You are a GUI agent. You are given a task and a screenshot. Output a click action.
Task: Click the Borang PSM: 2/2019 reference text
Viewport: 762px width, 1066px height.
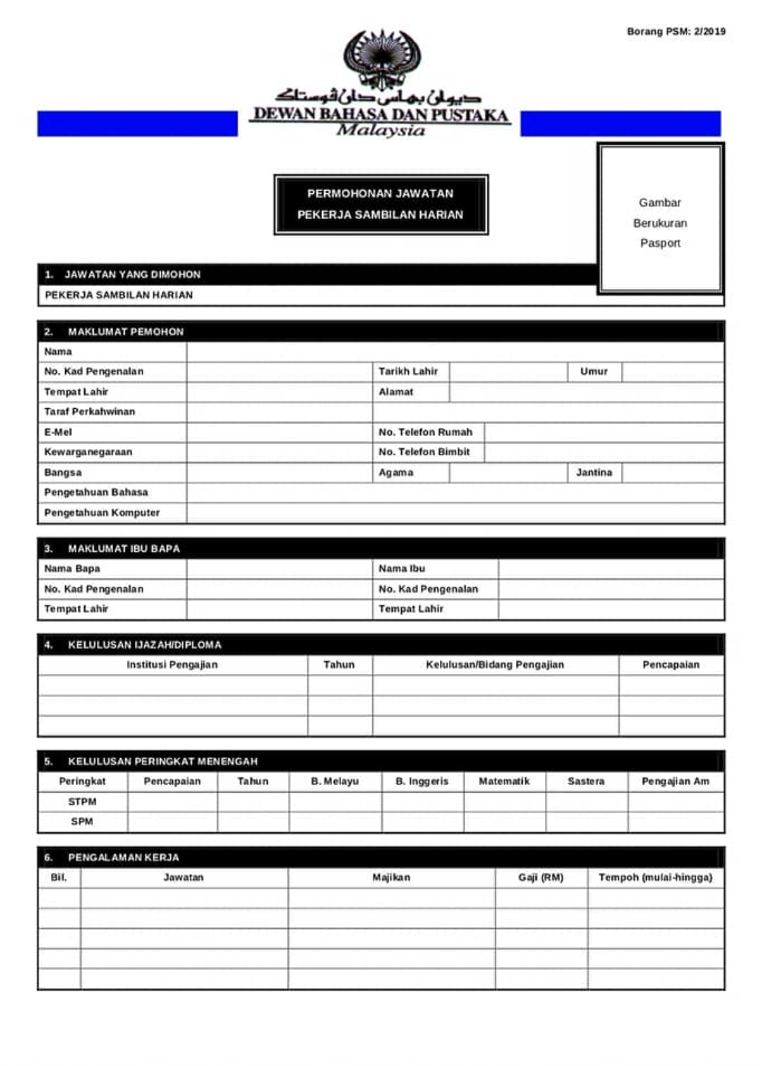[675, 31]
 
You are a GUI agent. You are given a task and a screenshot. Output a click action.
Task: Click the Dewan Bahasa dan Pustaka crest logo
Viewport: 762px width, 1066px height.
[381, 59]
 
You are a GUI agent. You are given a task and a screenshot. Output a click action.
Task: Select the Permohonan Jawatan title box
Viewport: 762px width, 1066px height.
[380, 204]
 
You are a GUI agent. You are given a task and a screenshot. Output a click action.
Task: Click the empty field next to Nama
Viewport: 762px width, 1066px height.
[454, 351]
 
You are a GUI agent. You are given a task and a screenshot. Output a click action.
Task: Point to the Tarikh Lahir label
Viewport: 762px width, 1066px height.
[408, 372]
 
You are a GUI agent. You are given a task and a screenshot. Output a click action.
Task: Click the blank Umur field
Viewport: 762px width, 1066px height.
[672, 372]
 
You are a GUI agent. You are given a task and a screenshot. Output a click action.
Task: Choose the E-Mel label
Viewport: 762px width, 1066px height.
[58, 432]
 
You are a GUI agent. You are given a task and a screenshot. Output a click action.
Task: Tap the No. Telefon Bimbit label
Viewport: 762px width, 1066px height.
[424, 452]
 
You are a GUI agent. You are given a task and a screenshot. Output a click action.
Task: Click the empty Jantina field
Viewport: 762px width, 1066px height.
[672, 473]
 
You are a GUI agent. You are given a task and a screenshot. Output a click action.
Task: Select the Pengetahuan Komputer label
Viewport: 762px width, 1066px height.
[102, 513]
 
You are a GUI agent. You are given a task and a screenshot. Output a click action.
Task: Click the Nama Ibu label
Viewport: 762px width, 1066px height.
[402, 568]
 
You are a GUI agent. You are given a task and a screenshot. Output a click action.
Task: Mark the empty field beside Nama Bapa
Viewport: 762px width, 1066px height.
[279, 568]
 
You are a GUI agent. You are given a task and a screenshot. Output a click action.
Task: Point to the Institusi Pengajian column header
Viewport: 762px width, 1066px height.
[172, 665]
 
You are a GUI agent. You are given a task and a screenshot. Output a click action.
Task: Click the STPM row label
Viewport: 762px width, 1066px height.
[82, 802]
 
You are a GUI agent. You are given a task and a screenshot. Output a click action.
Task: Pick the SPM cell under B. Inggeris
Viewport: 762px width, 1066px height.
[422, 822]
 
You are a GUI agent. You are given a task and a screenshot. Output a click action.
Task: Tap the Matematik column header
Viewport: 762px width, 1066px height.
[504, 781]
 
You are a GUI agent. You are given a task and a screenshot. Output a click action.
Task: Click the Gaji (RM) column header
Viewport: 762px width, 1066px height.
[540, 877]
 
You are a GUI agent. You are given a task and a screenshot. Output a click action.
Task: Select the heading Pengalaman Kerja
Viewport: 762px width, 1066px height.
[123, 857]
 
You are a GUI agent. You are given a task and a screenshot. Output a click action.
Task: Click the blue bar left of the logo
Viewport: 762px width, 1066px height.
[137, 124]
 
